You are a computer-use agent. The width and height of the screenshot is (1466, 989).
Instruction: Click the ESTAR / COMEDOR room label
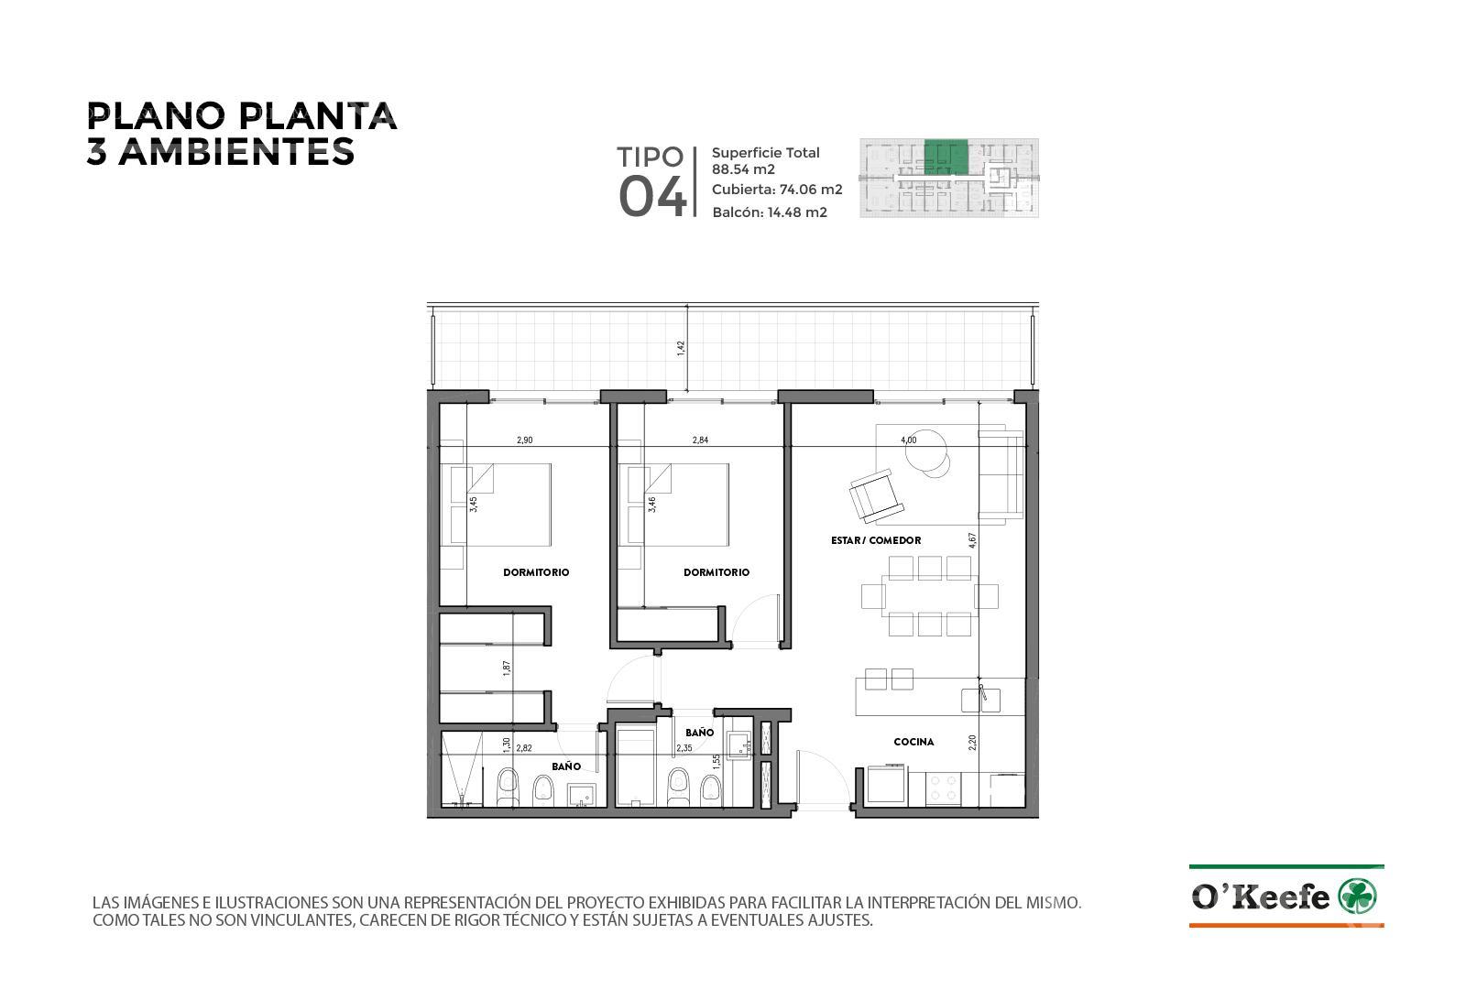coord(876,540)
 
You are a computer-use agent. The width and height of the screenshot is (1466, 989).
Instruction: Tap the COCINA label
coord(914,742)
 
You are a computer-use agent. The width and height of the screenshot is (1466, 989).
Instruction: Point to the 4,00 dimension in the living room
coord(908,440)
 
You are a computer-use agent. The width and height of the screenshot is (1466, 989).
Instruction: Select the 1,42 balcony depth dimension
coord(681,348)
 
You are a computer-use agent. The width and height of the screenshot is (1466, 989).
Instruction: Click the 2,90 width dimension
coord(524,440)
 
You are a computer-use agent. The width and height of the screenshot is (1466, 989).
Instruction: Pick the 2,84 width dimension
coord(700,440)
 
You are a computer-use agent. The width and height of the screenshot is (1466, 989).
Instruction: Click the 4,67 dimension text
coord(972,540)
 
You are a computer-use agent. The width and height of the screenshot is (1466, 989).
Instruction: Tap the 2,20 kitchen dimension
coord(972,743)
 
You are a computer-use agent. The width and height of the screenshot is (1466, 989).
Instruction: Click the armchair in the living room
coord(876,495)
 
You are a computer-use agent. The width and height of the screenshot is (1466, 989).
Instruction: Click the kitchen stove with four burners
coord(943,788)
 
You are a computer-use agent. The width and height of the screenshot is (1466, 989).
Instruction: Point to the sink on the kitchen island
coord(979,701)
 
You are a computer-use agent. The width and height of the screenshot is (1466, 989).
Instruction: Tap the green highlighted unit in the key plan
coord(946,157)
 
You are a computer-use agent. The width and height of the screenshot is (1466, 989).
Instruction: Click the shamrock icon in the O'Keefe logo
coord(1357,897)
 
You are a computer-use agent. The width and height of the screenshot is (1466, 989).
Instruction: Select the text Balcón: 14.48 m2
coord(770,212)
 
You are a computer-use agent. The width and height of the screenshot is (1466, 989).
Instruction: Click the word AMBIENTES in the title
coord(236,152)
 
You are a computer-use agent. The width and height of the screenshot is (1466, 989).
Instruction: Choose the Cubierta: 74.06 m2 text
coord(777,190)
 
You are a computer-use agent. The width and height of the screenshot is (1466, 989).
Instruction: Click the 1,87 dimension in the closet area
coord(507,668)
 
